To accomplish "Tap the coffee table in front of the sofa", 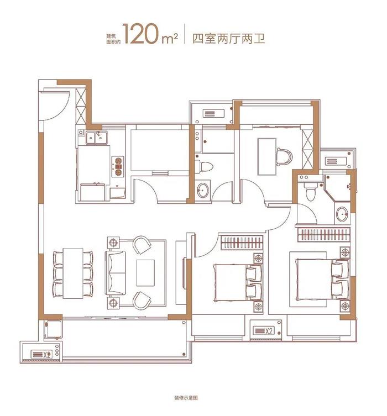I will point(146,271).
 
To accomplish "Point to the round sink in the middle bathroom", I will point(203,189).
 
